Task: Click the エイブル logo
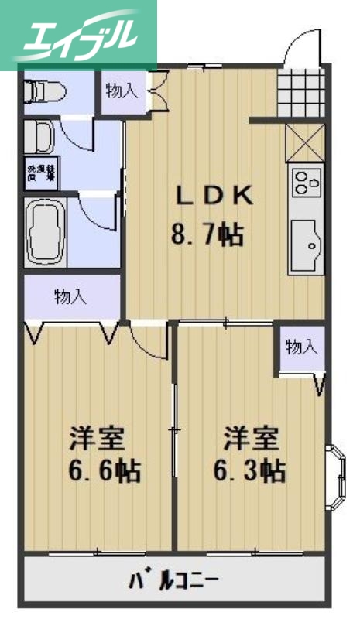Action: (x=77, y=36)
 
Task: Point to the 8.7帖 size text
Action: (x=207, y=233)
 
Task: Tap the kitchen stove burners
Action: (x=306, y=184)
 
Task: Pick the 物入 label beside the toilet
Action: (x=122, y=91)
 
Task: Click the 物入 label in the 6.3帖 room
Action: (x=301, y=347)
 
